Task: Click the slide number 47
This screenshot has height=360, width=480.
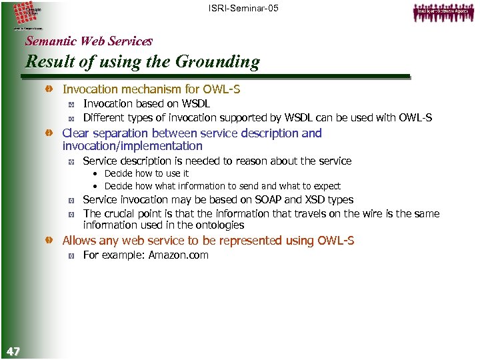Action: [x=13, y=351]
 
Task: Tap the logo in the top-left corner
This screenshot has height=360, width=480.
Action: [x=27, y=15]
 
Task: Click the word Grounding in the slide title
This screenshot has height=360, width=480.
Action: [x=217, y=62]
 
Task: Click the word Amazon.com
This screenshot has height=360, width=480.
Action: [x=178, y=255]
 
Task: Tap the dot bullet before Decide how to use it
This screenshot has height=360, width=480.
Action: [x=96, y=174]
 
